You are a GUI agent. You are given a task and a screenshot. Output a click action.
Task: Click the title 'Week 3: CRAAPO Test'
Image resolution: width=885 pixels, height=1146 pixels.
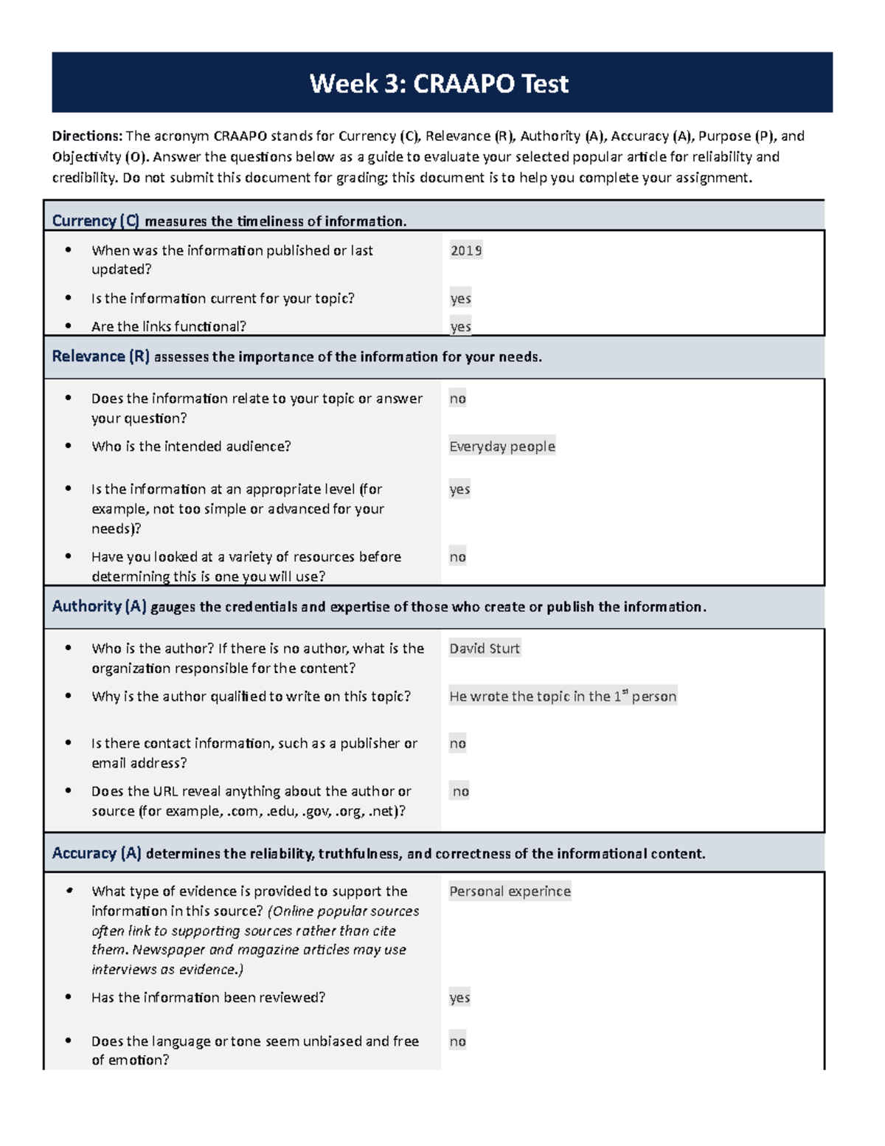point(439,83)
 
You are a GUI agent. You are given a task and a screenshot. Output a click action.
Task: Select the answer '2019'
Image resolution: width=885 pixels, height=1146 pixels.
point(466,251)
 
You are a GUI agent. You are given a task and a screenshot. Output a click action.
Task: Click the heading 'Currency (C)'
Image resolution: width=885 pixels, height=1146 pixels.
point(95,221)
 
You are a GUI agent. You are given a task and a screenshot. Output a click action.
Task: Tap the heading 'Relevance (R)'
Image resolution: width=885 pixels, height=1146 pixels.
point(100,356)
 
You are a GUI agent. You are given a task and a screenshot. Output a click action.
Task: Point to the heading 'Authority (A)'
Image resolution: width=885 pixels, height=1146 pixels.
point(99,607)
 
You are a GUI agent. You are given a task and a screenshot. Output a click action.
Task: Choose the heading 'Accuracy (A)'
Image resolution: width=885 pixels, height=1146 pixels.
point(97,853)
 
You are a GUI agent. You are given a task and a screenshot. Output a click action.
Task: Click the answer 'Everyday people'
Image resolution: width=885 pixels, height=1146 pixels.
point(502,446)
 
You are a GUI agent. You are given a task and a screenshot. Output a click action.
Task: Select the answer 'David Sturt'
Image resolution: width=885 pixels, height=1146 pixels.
point(485,649)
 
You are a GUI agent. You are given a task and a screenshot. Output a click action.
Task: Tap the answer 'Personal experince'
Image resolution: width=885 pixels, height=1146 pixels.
point(510,891)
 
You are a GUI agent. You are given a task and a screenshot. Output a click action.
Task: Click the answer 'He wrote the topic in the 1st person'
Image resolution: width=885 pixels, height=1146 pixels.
point(563,696)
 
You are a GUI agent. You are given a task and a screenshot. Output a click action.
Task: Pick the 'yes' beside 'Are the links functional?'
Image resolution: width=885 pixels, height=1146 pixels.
point(460,326)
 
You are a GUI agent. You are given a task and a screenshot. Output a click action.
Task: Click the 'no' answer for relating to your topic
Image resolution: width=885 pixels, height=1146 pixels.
point(457,398)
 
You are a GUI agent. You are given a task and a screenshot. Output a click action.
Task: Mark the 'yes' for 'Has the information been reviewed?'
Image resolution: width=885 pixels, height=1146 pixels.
point(459,998)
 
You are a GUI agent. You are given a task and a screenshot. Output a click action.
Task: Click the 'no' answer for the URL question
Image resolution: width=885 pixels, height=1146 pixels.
point(460,791)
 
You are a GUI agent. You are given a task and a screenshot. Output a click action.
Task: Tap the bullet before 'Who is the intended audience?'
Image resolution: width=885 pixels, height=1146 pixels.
point(69,446)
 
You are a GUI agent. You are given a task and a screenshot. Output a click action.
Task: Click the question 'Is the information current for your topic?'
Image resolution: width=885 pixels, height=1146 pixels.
point(223,298)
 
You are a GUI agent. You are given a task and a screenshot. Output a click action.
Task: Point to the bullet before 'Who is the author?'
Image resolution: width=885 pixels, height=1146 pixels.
point(69,648)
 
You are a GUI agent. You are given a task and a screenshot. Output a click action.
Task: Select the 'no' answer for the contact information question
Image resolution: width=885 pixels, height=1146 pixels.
point(457,743)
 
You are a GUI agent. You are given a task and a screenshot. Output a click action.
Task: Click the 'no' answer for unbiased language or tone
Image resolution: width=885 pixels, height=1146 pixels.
point(457,1041)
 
